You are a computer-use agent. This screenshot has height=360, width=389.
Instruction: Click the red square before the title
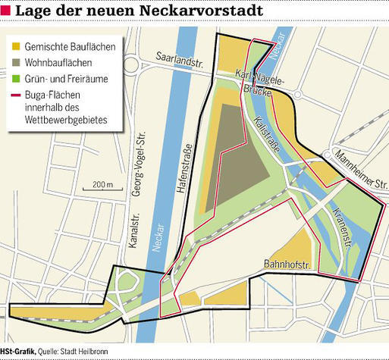(x=6, y=11)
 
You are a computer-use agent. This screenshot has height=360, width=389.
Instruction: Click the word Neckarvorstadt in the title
(x=204, y=11)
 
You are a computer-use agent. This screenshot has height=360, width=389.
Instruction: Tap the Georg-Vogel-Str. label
(x=139, y=164)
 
